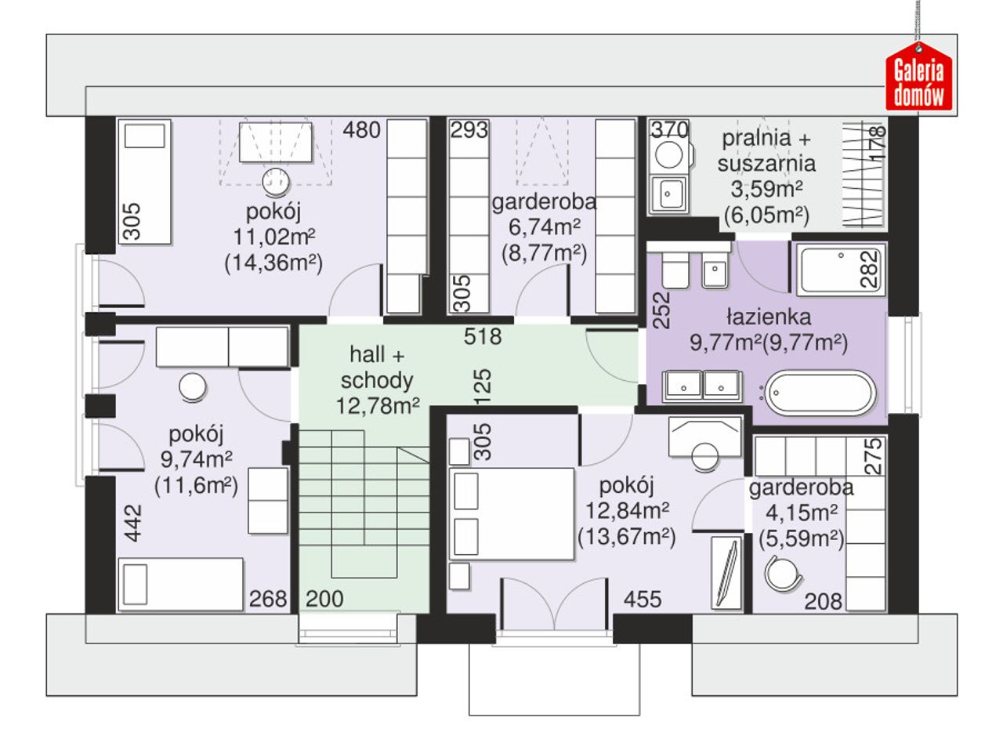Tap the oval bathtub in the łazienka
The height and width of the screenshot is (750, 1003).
820,393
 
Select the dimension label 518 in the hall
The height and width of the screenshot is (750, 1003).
483,337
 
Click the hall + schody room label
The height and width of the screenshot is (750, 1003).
378,367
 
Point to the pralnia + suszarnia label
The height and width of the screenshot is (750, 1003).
766,150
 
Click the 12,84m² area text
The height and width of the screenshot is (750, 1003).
627,510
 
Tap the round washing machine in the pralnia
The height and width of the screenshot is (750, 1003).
668,154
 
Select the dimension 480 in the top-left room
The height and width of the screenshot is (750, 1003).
361,130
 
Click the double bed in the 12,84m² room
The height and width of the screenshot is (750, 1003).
511,513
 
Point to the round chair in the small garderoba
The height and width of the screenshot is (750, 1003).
782,573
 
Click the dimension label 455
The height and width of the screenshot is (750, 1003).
643,600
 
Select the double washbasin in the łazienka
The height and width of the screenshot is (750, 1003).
702,385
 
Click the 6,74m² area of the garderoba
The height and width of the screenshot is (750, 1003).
545,227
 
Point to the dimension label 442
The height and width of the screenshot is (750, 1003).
133,523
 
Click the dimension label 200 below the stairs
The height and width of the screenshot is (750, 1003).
324,599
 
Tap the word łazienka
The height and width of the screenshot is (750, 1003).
769,317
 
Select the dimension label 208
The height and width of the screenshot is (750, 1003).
823,601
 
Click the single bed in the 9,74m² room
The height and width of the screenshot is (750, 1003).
180,584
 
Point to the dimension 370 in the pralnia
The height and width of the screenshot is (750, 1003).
669,130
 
